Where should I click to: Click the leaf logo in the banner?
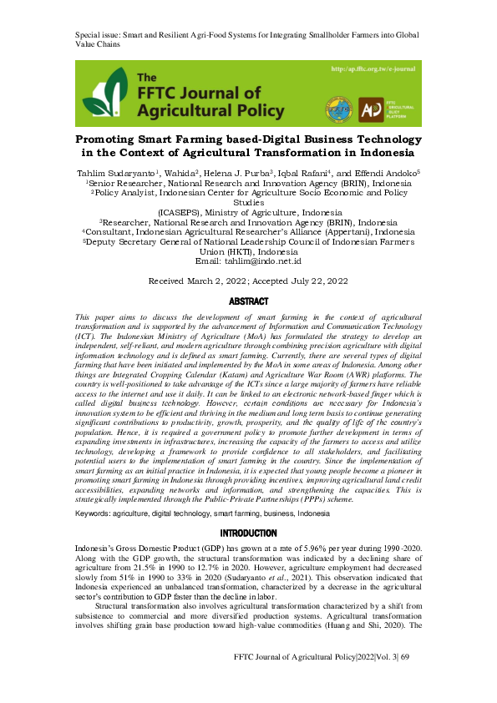point(104,94)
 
